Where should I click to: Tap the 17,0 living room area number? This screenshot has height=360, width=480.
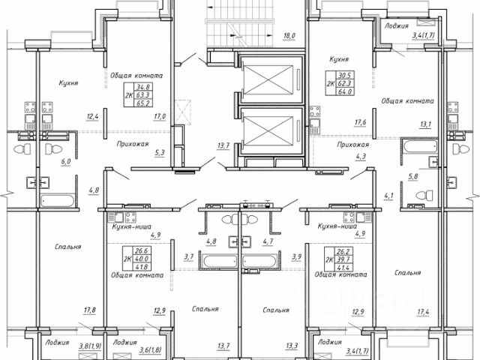click(160, 117)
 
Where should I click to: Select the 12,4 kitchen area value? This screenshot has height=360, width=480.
click(92, 116)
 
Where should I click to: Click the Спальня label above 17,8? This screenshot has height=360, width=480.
click(68, 246)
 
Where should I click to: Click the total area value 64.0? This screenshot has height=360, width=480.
click(344, 93)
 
